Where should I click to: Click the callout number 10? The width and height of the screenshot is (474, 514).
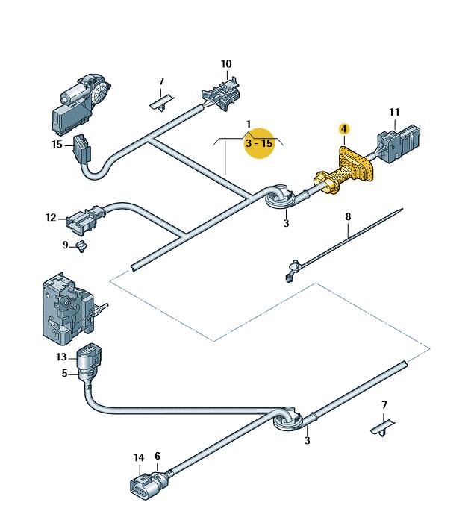click(x=226, y=64)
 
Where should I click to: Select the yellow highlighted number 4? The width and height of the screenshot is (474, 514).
click(x=344, y=129)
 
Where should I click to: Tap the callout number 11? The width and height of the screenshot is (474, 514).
click(x=394, y=113)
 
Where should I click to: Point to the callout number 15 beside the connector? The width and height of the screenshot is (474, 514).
click(x=57, y=144)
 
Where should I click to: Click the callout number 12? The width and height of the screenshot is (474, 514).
click(x=51, y=217)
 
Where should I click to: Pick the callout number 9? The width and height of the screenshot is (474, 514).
click(x=65, y=245)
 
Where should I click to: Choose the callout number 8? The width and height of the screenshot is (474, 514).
click(x=348, y=216)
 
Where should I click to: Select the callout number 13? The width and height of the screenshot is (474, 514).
click(x=61, y=357)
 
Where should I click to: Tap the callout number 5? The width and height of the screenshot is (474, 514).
click(x=65, y=373)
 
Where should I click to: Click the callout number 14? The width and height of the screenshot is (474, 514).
click(x=139, y=457)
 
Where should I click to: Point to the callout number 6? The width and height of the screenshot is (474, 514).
click(x=158, y=456)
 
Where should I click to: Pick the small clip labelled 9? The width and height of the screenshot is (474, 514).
click(x=81, y=246)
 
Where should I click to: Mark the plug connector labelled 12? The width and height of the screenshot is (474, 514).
click(x=84, y=219)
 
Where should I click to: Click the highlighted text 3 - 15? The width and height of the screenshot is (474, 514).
click(x=259, y=143)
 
